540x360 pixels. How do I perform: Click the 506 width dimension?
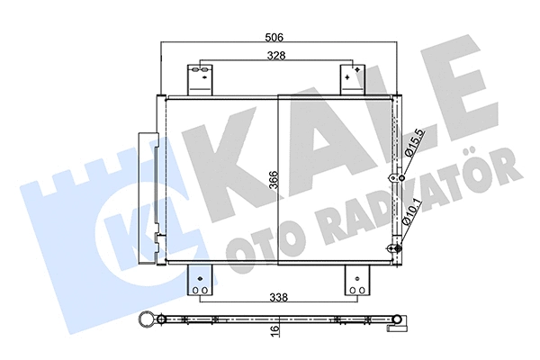click(x=274, y=38)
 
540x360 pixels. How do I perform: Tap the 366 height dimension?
click(x=274, y=181)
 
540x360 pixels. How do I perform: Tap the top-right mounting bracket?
click(x=352, y=79)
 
